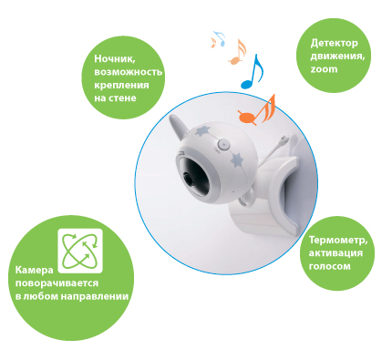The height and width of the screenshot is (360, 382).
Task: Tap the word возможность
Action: (128, 72)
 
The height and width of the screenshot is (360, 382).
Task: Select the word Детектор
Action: (334, 44)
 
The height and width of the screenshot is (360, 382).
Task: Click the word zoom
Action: (324, 69)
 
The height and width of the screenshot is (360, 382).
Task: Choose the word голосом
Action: (329, 266)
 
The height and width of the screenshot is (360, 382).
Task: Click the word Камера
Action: (34, 270)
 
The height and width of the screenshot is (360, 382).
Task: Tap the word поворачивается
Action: (57, 283)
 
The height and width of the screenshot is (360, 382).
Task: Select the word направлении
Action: (95, 296)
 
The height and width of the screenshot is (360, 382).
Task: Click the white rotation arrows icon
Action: (80, 251)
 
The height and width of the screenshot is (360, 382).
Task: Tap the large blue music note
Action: (252, 72)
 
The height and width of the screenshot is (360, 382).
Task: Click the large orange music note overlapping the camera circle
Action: (257, 110)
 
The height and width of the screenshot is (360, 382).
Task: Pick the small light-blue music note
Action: (220, 38)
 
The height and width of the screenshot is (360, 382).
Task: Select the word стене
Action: (121, 98)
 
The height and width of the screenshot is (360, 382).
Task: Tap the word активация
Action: (336, 253)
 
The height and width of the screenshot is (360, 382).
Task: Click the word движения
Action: (337, 57)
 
